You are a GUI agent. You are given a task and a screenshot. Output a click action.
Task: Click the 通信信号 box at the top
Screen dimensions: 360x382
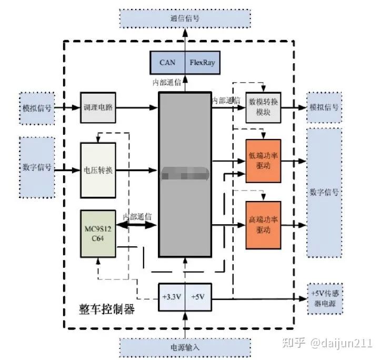185,19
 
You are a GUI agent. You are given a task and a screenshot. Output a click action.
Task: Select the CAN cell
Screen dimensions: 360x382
168,63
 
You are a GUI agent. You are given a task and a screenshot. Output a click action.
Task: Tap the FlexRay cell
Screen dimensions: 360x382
202,63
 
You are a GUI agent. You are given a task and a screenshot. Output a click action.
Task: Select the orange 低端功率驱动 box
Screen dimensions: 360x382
263,161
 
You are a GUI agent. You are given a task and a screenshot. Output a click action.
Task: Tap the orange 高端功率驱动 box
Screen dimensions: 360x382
263,225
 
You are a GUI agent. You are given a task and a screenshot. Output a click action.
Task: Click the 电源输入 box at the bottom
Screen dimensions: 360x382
185,347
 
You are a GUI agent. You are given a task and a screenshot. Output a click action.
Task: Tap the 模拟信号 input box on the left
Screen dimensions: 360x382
36,107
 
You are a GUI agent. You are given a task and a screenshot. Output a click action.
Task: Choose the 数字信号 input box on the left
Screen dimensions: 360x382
36,167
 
